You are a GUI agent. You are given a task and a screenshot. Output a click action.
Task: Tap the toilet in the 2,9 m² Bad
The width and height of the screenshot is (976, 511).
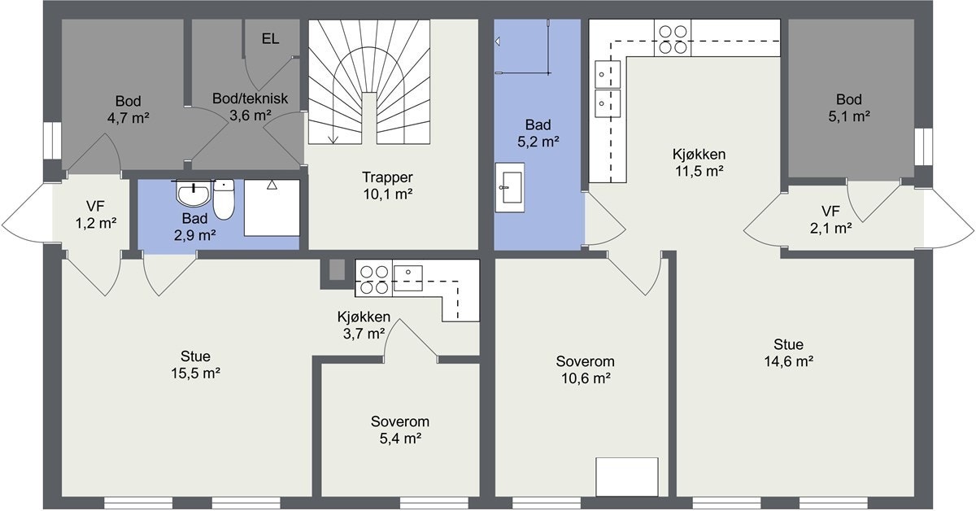[224, 199]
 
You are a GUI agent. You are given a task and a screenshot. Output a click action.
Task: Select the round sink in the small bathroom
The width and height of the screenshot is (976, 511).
[193, 195]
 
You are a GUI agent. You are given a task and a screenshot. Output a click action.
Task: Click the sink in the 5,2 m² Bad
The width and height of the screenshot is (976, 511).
[511, 187]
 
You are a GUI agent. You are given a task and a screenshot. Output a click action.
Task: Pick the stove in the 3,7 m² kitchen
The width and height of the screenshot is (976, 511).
[373, 278]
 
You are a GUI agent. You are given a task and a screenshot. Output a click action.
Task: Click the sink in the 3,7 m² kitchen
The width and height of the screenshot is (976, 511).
[407, 277]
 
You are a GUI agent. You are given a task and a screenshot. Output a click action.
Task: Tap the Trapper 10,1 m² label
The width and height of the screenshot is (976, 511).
[388, 185]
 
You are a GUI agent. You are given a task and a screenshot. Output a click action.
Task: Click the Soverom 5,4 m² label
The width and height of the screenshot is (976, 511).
[399, 430]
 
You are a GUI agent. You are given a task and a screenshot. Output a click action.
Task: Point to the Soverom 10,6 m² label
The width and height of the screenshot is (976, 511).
[585, 369]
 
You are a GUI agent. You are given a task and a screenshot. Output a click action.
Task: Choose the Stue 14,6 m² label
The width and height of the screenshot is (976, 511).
[788, 352]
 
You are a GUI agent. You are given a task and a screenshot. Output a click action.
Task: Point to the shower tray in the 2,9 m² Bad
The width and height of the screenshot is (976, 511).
[272, 207]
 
